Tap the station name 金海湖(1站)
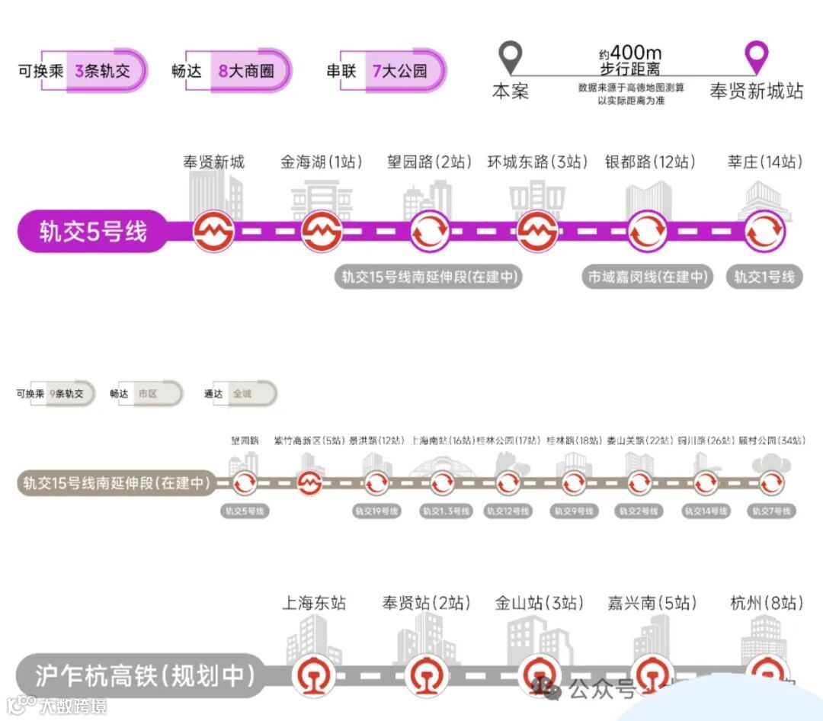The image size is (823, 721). click(321, 162)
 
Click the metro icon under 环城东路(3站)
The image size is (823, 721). click(538, 231)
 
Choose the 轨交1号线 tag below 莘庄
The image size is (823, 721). click(764, 277)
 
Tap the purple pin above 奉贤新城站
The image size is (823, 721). click(756, 57)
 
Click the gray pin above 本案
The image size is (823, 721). click(510, 57)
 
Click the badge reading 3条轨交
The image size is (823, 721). click(103, 72)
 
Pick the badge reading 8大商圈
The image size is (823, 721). click(246, 72)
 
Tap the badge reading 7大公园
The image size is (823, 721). click(400, 72)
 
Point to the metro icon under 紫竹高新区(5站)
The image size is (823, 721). click(310, 482)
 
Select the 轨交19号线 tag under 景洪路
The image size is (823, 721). click(376, 511)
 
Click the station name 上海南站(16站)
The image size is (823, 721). click(442, 441)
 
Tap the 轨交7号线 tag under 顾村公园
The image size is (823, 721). click(771, 511)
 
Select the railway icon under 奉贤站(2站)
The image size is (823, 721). click(426, 675)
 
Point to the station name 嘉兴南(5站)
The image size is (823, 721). click(652, 603)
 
